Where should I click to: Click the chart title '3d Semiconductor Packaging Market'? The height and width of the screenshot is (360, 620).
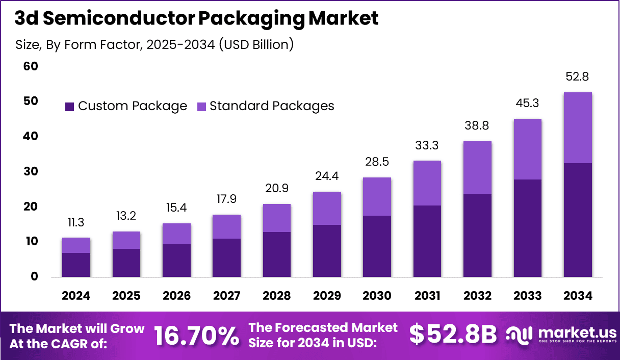(196, 19)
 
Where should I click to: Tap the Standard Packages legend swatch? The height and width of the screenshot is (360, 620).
(201, 107)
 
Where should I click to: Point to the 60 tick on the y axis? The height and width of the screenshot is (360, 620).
(31, 66)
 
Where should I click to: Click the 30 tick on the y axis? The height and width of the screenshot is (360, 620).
(31, 171)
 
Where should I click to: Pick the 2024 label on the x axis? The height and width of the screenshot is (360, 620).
(76, 296)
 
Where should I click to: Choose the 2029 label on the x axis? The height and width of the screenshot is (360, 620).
(327, 296)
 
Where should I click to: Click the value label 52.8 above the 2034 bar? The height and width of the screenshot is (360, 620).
(578, 77)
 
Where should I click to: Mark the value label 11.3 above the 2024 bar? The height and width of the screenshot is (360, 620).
(76, 222)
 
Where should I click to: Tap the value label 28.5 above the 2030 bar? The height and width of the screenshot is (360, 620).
(377, 162)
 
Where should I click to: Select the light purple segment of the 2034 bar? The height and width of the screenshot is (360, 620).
(578, 127)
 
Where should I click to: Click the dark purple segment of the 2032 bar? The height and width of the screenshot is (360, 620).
(477, 235)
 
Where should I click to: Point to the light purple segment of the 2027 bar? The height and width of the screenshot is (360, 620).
(226, 226)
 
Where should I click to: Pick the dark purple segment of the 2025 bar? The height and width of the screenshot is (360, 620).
(126, 263)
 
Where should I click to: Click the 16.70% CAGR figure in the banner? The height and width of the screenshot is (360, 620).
(196, 335)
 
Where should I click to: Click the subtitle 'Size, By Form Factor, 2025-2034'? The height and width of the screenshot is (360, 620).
(154, 45)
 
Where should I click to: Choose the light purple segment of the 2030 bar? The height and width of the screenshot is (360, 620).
(377, 196)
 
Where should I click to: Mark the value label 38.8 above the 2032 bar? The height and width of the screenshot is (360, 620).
(477, 126)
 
